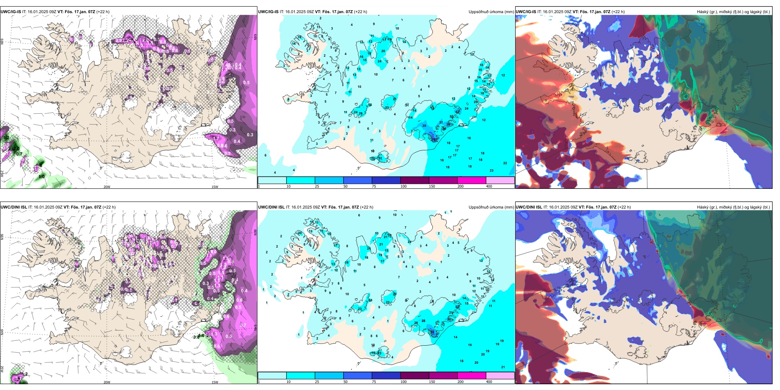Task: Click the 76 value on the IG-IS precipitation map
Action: pos(434,140)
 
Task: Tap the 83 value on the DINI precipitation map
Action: pos(432,332)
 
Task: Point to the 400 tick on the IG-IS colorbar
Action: pos(489,186)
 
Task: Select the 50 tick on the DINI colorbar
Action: pos(345,382)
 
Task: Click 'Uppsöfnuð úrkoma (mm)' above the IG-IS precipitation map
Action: pos(491,12)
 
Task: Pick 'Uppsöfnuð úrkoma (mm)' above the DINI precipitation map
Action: pos(491,207)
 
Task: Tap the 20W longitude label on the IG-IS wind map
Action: pos(107,187)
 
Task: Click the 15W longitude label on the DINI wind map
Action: pos(215,382)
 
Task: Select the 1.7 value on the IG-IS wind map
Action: pos(216,139)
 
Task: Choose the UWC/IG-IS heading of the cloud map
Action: pos(526,12)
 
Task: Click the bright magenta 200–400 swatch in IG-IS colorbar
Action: pos(472,180)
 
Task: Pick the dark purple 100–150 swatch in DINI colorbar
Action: pos(415,376)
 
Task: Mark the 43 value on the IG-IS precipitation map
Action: pos(457,112)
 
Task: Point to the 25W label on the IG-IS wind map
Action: pos(2,174)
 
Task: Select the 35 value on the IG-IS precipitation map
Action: pos(424,126)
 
